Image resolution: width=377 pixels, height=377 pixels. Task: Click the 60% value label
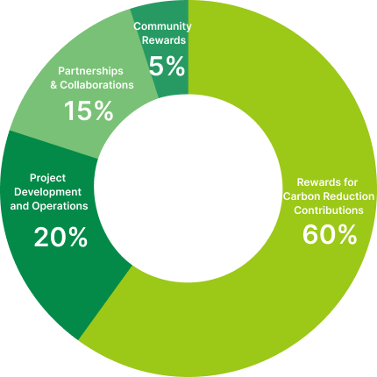click(330, 234)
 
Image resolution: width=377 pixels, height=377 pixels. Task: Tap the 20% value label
click(60, 238)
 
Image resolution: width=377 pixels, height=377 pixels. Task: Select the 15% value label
click(89, 110)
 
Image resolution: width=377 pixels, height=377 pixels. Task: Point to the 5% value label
click(167, 67)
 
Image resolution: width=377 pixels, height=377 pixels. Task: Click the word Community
click(162, 26)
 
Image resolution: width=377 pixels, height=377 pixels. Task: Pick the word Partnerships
click(90, 71)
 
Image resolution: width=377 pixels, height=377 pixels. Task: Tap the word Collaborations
click(96, 85)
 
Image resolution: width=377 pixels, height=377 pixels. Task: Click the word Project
click(47, 178)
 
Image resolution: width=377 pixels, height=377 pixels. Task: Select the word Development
click(47, 192)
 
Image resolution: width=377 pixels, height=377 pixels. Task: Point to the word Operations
click(60, 206)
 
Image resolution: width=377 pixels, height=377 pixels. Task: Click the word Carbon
click(298, 196)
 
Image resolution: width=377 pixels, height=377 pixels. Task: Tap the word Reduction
click(345, 196)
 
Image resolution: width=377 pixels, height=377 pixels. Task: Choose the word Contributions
click(329, 210)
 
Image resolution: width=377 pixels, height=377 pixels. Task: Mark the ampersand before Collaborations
click(53, 85)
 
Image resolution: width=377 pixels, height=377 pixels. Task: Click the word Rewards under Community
click(164, 40)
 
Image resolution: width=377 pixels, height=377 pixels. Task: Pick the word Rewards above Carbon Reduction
click(316, 182)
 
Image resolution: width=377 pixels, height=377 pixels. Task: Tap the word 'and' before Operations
click(19, 206)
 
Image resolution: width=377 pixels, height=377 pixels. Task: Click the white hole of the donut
click(188, 188)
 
